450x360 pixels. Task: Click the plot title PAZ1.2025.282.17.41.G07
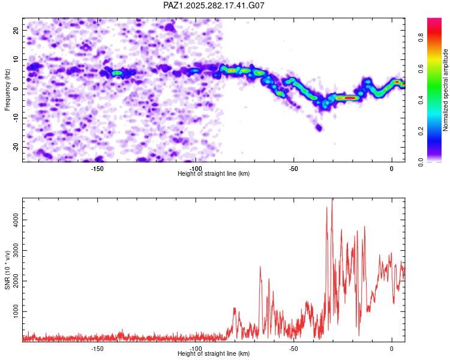tap(214, 5)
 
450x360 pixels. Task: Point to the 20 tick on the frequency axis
tap(16, 30)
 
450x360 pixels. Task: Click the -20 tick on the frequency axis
tap(15, 147)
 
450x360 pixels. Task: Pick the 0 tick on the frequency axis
tap(18, 89)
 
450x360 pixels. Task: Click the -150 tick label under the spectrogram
tap(97, 169)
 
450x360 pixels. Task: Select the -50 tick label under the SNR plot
tap(293, 349)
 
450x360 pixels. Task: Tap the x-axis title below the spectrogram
tap(214, 173)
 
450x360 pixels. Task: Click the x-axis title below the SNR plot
tap(214, 353)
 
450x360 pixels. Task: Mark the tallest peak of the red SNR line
tap(332, 200)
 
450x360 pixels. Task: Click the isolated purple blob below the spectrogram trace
tap(319, 127)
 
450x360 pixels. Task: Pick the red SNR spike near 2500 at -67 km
tap(260, 268)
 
